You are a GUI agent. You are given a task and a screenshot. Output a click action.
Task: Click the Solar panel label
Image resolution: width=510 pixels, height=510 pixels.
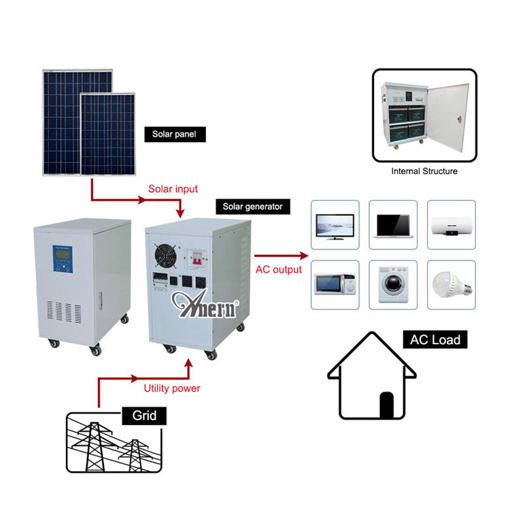tap(175, 135)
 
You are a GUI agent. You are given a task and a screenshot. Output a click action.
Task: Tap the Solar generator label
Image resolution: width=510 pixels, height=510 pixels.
tap(253, 207)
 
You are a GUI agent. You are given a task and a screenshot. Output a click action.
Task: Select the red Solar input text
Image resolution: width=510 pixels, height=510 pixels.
tap(173, 189)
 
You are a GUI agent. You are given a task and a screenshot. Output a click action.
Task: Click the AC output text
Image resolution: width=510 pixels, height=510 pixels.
tap(278, 270)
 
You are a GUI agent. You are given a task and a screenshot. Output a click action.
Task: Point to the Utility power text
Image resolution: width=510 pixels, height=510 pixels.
tap(172, 388)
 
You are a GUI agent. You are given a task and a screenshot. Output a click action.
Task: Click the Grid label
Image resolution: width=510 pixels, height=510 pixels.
tap(144, 415)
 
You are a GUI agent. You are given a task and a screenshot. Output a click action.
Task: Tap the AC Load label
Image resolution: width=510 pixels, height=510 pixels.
tap(435, 339)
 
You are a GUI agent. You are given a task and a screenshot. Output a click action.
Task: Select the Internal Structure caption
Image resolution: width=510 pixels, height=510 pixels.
tap(424, 171)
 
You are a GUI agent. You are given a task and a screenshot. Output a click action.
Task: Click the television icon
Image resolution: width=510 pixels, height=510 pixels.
tap(335, 226)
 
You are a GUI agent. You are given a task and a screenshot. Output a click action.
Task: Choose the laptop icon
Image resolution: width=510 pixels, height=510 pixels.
tap(393, 226)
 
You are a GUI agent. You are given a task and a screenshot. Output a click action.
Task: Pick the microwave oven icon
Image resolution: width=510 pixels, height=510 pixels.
tap(335, 285)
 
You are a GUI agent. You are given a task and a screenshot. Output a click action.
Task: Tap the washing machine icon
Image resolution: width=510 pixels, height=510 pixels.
tap(393, 285)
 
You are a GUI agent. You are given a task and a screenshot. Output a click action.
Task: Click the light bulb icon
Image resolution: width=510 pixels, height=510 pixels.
tap(452, 285)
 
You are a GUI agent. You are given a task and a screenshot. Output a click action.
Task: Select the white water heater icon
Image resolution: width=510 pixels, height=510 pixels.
tap(452, 226)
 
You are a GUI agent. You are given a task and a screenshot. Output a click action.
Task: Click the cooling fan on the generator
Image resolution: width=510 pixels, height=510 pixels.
tap(166, 256)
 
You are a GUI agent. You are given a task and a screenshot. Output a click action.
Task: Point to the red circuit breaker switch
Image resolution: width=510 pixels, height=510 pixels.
tap(196, 258)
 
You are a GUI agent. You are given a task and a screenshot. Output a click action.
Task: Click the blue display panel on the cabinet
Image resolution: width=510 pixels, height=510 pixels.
tap(63, 259)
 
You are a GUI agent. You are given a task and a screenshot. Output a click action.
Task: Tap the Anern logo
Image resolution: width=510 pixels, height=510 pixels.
tap(205, 304)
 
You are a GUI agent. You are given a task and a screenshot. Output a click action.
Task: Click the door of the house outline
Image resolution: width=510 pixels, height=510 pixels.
tap(386, 405)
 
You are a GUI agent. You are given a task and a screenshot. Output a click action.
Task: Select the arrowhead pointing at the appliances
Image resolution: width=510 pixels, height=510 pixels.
tap(304, 256)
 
